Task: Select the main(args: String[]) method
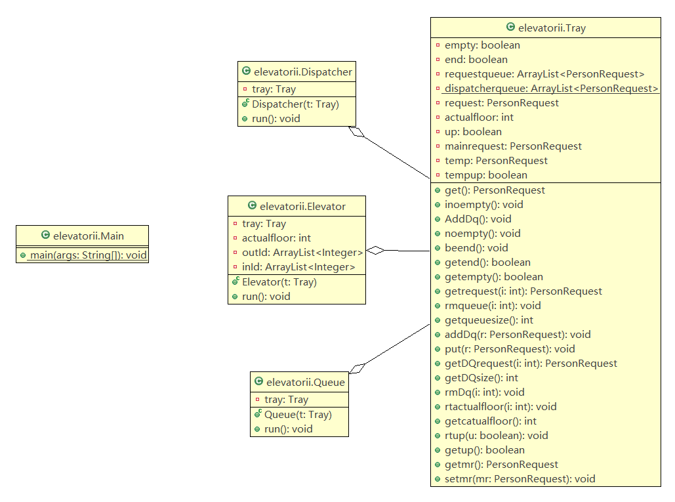coord(87,255)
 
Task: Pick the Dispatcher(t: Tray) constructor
coord(295,104)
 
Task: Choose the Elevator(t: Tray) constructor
coord(279,282)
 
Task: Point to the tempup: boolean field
coord(485,175)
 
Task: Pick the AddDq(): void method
coord(478,219)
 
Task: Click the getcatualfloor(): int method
coord(490,421)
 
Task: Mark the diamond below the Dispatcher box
coord(356,132)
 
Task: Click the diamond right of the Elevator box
coord(375,250)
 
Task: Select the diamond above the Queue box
coord(358,367)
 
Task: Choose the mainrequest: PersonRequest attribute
coord(513,146)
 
